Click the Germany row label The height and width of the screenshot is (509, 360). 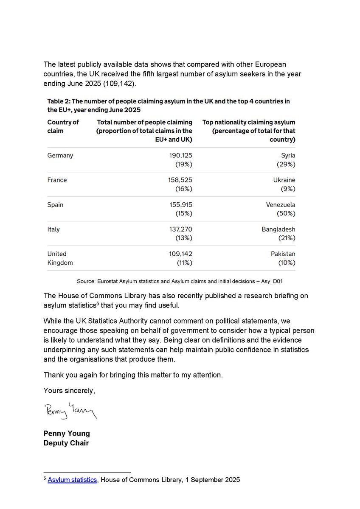coord(60,155)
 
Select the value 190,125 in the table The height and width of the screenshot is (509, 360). coord(181,155)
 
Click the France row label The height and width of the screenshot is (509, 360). coord(57,180)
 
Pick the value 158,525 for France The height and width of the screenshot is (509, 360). coord(181,180)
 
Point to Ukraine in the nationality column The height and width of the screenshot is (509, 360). coord(284,180)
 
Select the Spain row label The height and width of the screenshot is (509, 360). coord(56,204)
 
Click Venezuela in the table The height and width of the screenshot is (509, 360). coord(281,204)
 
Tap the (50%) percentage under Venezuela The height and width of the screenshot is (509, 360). coord(286,213)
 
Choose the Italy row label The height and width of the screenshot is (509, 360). coord(53,229)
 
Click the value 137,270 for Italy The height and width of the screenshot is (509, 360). coord(181,229)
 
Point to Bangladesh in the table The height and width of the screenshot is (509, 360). coord(278,229)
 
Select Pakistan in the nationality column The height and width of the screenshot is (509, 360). coord(283,254)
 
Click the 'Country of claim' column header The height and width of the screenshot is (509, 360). coord(63,126)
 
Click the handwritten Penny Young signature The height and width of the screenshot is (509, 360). coord(70,411)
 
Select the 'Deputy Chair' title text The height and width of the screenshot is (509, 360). coord(66,444)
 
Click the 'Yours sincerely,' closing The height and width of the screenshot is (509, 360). coord(70,391)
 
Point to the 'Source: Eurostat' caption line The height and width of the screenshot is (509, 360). coord(180,281)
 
